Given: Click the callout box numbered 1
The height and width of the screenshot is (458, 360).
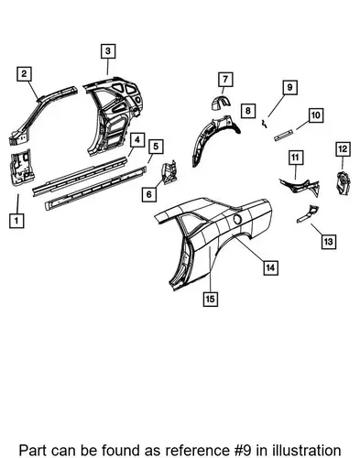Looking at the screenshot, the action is tap(16, 220).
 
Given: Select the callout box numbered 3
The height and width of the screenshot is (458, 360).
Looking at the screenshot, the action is tap(108, 51).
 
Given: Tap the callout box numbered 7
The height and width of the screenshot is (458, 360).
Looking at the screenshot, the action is tap(225, 80).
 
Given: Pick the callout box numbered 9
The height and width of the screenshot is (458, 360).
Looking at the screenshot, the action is tap(289, 88).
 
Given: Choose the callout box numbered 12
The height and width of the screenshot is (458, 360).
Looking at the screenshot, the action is tap(343, 149).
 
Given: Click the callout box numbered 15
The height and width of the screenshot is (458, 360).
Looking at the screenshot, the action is tap(211, 299).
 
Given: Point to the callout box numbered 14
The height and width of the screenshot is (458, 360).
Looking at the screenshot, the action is tap(270, 267).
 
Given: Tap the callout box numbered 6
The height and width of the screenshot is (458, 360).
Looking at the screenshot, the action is tap(149, 194).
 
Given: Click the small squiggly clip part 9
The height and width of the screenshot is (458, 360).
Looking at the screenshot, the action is tap(264, 124).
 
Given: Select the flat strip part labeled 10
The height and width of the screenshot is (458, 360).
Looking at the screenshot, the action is tap(284, 136).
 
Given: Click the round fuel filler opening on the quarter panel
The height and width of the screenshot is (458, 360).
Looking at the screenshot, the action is tap(237, 219).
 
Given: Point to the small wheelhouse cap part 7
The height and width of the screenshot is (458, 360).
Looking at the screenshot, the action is tap(221, 103).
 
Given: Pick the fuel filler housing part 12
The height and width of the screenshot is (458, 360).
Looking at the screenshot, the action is tap(344, 183).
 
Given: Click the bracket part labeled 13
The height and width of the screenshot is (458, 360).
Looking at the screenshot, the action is tap(308, 213).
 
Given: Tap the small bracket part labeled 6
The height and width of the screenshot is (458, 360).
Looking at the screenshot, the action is tap(169, 172).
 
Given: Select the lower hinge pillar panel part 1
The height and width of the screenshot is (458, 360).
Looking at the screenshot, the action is tap(22, 167).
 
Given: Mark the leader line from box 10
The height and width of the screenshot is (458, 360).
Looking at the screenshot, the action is tap(302, 125).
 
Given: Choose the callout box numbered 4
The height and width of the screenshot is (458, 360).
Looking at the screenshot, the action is tap(137, 140).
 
